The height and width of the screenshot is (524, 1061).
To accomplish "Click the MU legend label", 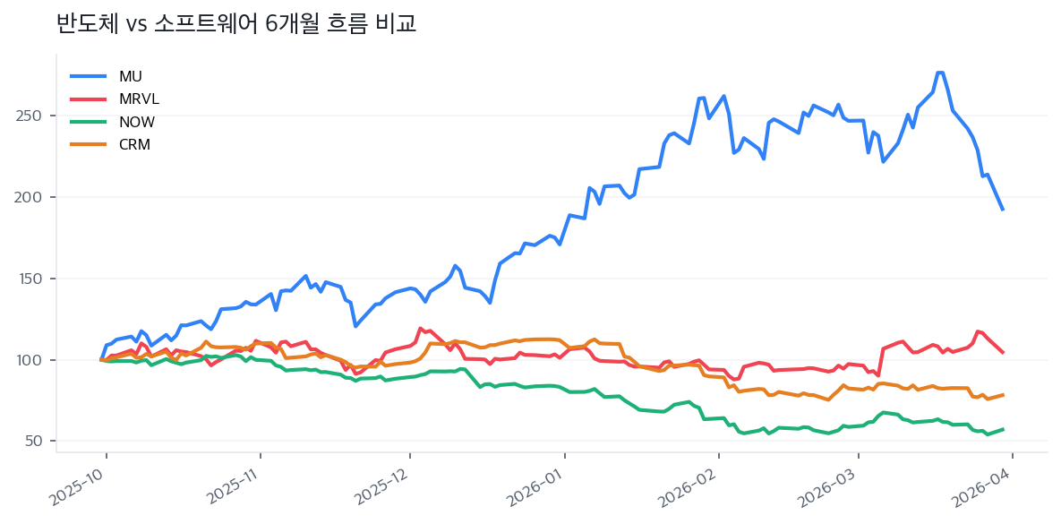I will click(x=130, y=76).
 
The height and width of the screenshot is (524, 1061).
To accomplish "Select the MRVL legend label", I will click(x=138, y=99).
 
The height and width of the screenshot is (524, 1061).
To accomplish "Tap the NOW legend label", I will click(x=136, y=122).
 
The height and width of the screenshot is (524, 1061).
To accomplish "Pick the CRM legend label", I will click(x=134, y=144).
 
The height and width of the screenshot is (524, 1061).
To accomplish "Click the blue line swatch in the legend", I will click(x=88, y=76).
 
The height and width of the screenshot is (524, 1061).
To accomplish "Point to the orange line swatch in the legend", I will click(x=88, y=144).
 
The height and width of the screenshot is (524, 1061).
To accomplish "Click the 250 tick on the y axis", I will click(x=32, y=116).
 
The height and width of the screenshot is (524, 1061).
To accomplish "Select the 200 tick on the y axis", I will click(x=32, y=197).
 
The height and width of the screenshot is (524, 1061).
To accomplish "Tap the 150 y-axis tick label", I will click(x=32, y=279).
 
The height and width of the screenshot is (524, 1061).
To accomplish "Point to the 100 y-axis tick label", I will click(x=32, y=360).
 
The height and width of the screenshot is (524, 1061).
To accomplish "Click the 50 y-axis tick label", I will click(x=36, y=442).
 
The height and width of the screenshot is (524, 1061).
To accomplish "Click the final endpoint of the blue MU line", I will click(x=1003, y=210).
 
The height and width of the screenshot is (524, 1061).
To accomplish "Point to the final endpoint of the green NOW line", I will click(x=1003, y=429).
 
